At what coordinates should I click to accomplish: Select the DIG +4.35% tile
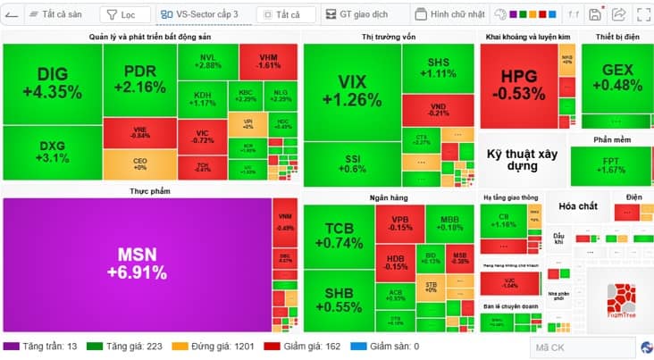[x=52, y=83]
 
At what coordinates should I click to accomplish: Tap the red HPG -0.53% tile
[x=524, y=85]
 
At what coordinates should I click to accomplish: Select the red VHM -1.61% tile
[x=268, y=61]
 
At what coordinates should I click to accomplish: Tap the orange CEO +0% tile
[x=139, y=164]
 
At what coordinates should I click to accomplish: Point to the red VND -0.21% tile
[x=438, y=109]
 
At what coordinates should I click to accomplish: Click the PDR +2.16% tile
[x=139, y=80]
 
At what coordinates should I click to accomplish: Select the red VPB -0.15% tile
[x=399, y=222]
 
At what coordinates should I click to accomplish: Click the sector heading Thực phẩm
[x=150, y=191]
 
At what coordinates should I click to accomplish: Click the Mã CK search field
[x=581, y=347]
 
